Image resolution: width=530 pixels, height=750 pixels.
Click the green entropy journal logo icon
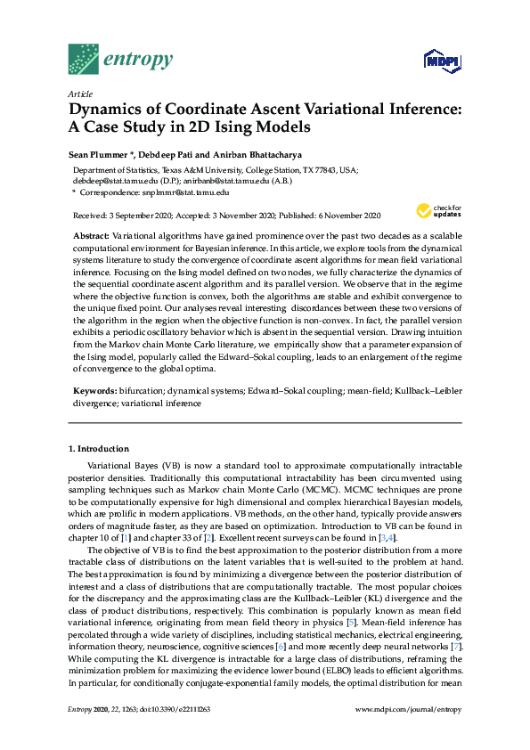click(83, 59)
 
